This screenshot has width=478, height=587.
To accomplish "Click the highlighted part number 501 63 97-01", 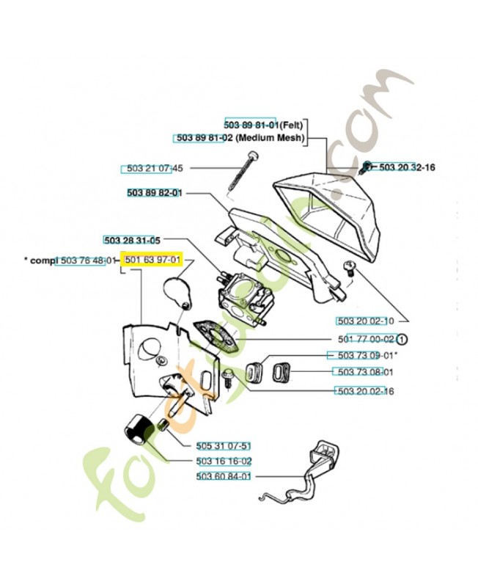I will point(153,260).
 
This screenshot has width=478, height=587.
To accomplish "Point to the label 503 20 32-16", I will point(406,167).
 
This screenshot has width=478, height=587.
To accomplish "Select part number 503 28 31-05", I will point(132,240).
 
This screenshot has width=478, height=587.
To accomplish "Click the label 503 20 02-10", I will point(366,321).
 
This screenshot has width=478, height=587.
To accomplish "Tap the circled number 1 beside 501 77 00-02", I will point(402,339).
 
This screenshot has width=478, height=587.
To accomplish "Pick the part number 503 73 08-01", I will point(367,371).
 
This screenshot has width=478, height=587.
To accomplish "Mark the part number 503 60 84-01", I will point(224,476).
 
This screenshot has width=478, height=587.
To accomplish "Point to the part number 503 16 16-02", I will point(224,461).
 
